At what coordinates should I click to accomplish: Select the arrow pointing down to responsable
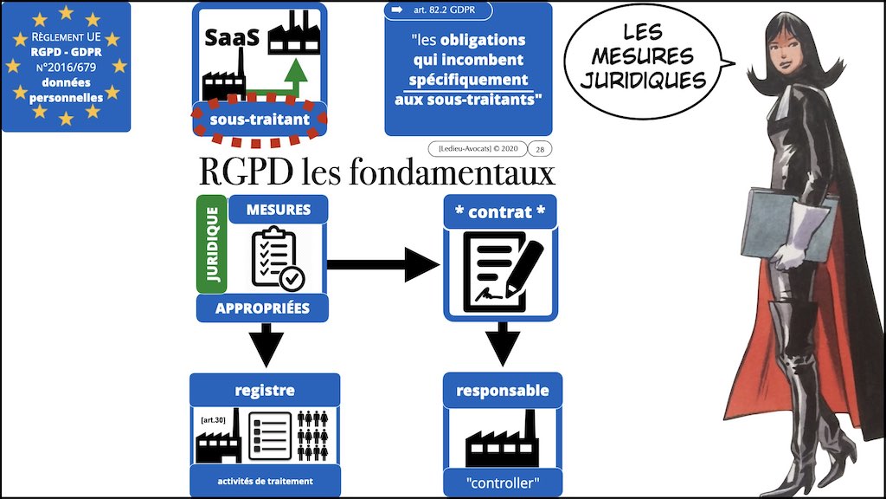click(502, 341)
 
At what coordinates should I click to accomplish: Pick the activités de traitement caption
click(264, 482)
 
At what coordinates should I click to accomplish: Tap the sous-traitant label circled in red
click(260, 120)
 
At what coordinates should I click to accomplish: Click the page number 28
click(541, 148)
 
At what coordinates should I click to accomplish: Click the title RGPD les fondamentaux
click(376, 173)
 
